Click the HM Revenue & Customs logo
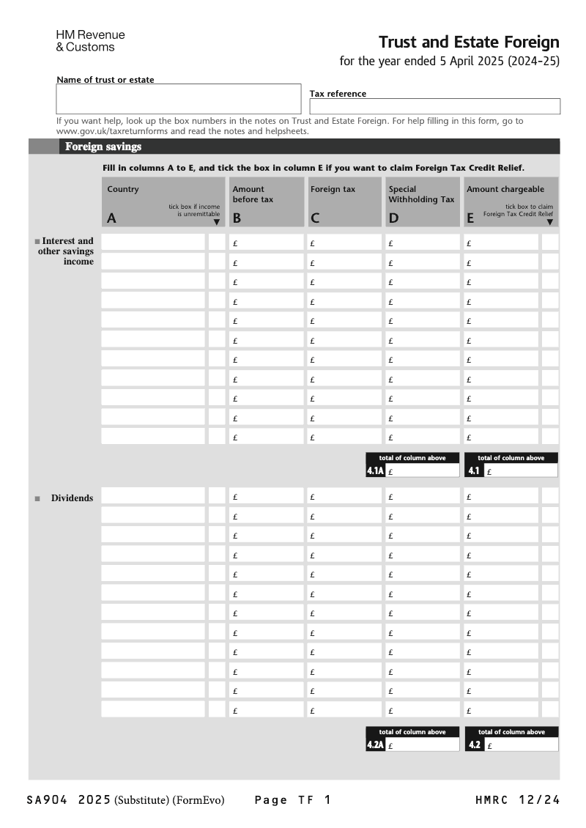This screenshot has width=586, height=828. point(90,41)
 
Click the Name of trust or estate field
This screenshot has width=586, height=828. point(178,99)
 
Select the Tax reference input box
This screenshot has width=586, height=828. point(434,106)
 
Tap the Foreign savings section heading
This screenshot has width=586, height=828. point(103,147)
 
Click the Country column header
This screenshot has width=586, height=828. point(163,202)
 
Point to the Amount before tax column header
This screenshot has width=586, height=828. point(266,202)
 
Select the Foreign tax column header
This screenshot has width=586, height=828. point(344,202)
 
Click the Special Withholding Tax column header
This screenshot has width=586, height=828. point(422,202)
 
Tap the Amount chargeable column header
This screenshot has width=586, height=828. point(511,202)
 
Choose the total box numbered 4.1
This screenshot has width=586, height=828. point(520,471)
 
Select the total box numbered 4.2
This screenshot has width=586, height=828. point(520,745)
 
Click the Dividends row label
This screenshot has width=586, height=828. point(72,498)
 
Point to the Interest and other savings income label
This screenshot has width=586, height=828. point(67,251)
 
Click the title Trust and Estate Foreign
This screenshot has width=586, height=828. point(469,42)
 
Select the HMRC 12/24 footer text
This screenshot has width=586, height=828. point(517,800)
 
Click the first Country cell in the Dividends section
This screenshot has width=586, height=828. point(153,496)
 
